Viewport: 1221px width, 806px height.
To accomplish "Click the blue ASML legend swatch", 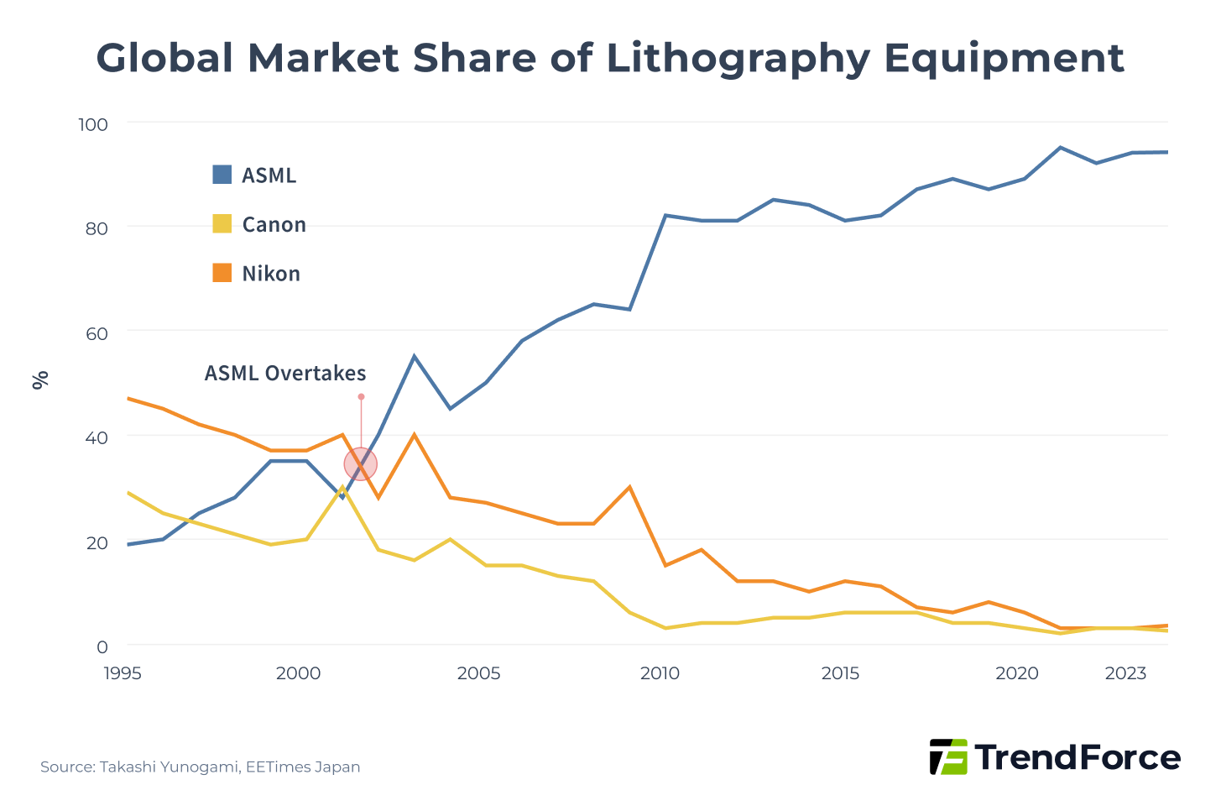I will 222,175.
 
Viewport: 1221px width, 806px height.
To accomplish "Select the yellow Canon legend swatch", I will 222,224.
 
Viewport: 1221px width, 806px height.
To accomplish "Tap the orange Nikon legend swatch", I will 222,273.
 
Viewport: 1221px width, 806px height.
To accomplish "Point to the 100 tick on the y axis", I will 93,124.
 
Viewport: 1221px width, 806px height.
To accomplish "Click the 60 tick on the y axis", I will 97,333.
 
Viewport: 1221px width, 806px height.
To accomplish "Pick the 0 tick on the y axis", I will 102,646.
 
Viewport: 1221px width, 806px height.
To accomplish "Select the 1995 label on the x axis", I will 123,673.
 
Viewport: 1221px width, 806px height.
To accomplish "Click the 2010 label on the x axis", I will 660,673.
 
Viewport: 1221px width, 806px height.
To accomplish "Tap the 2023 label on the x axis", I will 1125,673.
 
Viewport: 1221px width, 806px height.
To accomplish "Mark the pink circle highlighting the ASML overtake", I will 361,464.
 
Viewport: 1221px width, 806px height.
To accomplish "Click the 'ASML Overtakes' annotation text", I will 285,374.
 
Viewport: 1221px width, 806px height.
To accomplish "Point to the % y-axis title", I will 39,380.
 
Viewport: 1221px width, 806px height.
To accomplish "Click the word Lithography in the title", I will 727,59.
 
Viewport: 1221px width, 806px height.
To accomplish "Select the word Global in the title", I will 164,59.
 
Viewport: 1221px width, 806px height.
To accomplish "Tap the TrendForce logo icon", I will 948,756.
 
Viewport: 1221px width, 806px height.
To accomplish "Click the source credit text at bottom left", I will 201,767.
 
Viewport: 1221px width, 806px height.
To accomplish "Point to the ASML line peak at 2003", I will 414,357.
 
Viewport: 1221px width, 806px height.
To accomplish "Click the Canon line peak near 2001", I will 342,488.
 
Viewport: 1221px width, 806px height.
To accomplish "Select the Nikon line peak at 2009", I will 629,488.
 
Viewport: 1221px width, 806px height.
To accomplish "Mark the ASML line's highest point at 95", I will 1061,148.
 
